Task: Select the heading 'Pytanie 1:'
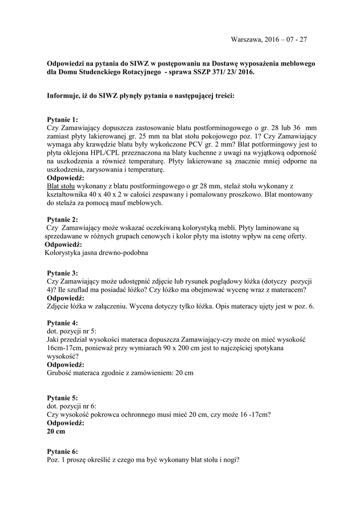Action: (x=63, y=120)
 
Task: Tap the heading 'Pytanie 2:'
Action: (x=63, y=219)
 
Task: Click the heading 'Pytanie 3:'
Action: (x=63, y=273)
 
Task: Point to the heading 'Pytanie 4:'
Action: (x=63, y=323)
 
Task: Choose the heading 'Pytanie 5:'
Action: (x=63, y=398)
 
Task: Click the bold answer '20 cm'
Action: (x=56, y=432)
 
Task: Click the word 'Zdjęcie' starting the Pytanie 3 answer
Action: (x=58, y=307)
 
